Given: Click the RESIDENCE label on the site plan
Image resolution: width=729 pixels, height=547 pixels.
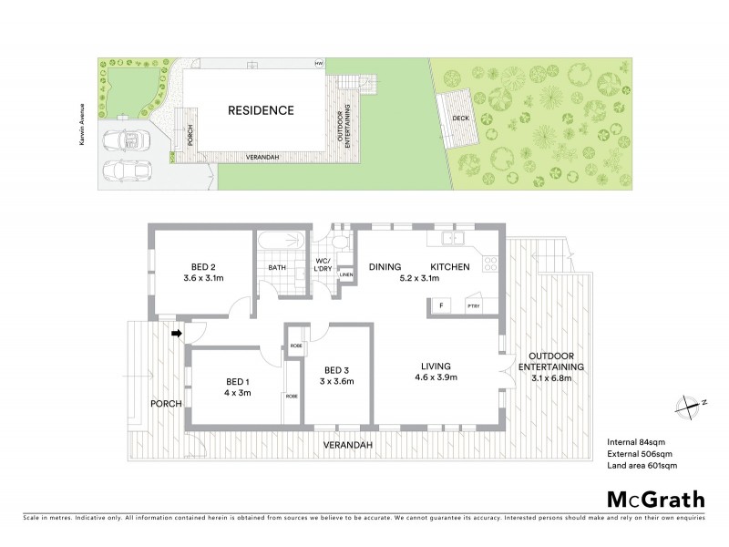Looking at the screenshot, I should click(x=261, y=110).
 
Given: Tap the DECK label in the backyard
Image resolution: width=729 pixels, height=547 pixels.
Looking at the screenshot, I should click(x=459, y=117).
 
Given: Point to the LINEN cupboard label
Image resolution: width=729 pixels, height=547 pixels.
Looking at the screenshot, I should click(x=345, y=274).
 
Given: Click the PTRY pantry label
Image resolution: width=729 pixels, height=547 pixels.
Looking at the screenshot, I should click(x=474, y=306).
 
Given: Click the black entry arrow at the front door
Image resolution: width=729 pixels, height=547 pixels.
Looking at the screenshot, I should click(x=177, y=334).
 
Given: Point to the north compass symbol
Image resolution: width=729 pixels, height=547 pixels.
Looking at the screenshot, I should click(x=688, y=404).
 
